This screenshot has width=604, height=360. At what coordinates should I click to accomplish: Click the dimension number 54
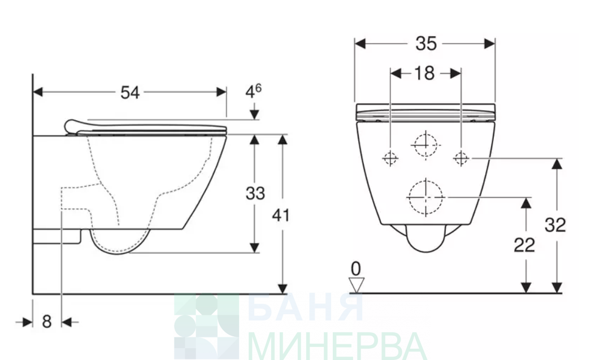[x=130, y=93]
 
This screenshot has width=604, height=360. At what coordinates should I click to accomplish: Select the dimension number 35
[x=426, y=44]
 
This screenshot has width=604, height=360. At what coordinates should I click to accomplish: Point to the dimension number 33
[x=255, y=193]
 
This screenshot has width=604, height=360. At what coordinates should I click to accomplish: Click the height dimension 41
[x=281, y=215]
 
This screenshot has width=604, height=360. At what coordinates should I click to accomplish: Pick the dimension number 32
[x=555, y=225]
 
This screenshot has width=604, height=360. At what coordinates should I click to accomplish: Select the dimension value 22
[x=524, y=245]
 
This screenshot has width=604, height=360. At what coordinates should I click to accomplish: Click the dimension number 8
[x=46, y=321]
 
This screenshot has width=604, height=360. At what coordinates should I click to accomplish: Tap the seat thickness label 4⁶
[x=254, y=92]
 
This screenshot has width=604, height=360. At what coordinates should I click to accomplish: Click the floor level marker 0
[x=357, y=268]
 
